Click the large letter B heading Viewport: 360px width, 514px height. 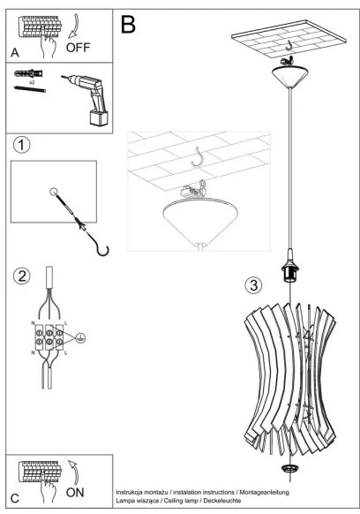coord(128,24)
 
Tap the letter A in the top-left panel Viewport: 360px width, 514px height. coord(15,52)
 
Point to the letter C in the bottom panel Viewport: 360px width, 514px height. coord(15,497)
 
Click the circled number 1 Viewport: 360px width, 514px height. coord(22,143)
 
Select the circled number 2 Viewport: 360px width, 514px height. coord(22,276)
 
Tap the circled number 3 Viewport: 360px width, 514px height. coord(253,284)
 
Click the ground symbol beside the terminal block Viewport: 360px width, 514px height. coord(80,336)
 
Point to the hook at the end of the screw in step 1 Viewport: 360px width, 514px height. coord(102,249)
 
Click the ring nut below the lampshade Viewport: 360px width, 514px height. coord(288,465)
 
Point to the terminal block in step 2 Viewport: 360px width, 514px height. coord(48,336)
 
